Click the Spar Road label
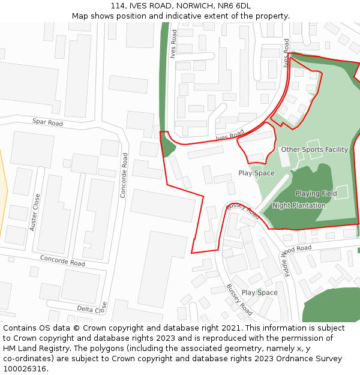click(x=47, y=123)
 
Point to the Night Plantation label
click(x=299, y=205)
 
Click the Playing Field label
click(x=316, y=194)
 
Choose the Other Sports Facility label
click(x=314, y=149)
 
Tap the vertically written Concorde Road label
click(x=124, y=175)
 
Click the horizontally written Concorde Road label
click(x=62, y=260)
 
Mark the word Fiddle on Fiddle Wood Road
click(x=285, y=265)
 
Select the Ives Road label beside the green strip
click(x=173, y=44)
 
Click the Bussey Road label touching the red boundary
click(x=243, y=211)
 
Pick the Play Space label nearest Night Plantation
click(x=256, y=173)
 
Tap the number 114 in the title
click(x=118, y=6)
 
